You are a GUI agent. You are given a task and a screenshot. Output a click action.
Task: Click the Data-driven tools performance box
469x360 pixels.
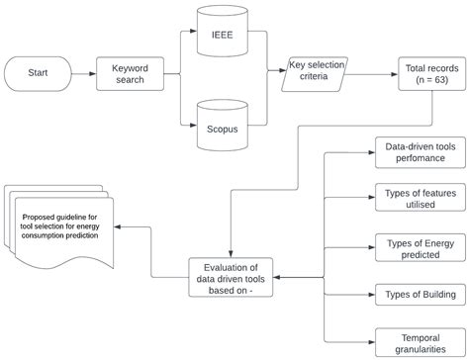pyautogui.click(x=415, y=152)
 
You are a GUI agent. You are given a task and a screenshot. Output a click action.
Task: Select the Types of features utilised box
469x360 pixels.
pyautogui.click(x=415, y=197)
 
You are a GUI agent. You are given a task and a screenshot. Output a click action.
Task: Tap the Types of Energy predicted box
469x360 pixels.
pyautogui.click(x=415, y=247)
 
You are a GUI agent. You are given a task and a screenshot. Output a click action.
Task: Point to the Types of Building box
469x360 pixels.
pyautogui.click(x=415, y=295)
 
